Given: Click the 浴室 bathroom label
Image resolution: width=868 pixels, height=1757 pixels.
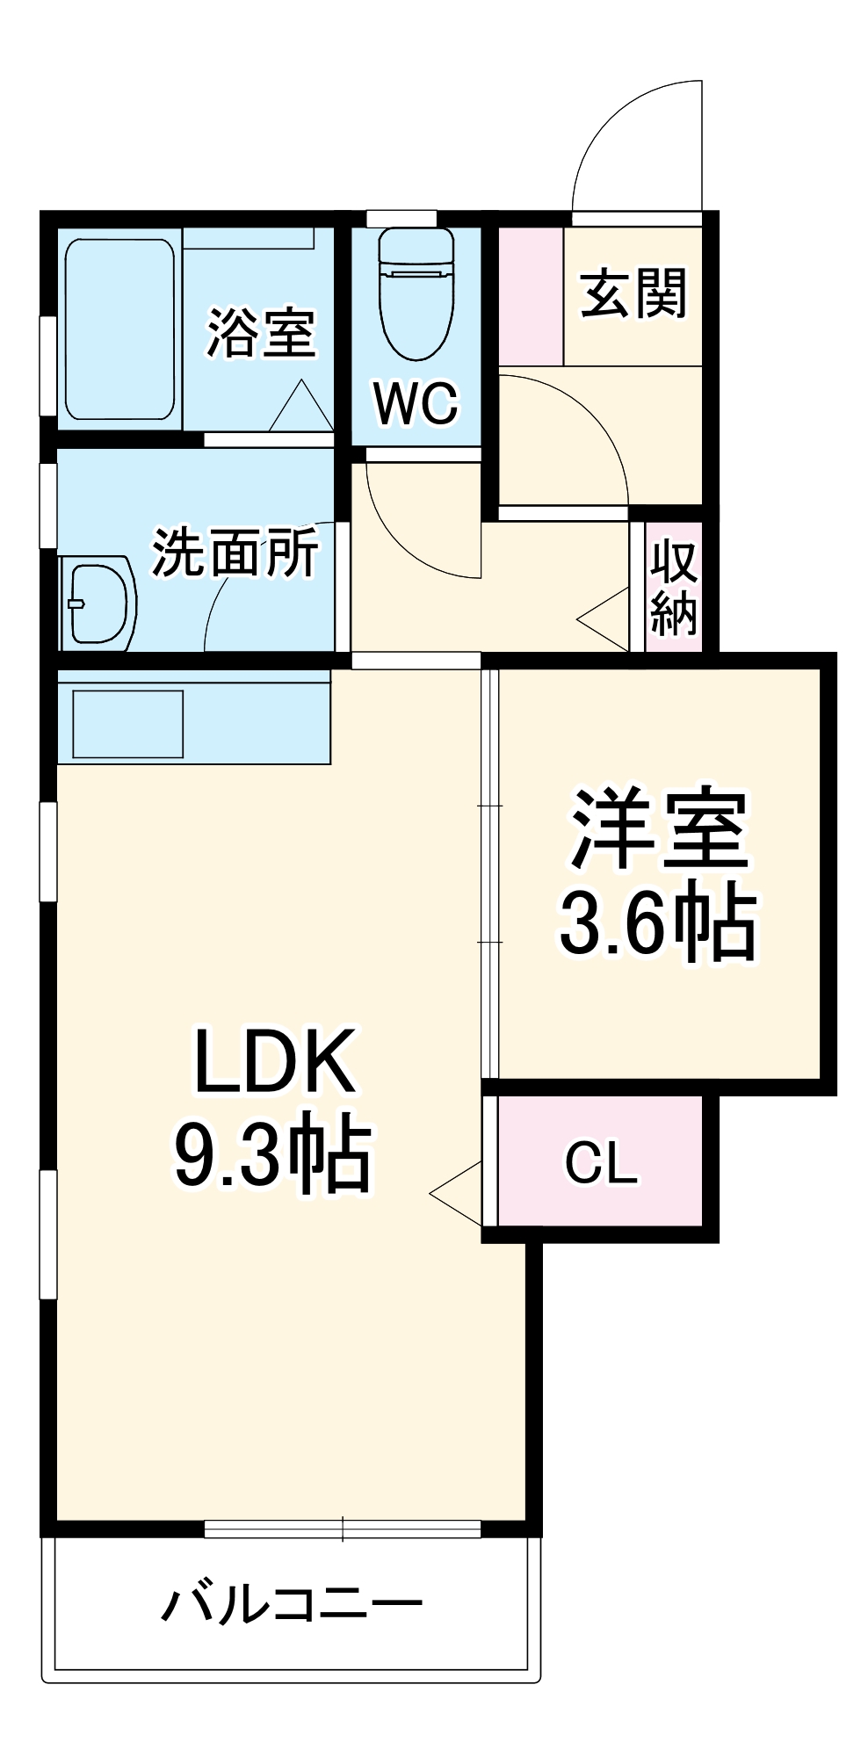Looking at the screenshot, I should coord(260,334).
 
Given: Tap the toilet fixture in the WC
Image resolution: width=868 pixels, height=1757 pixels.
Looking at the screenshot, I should coord(416,294).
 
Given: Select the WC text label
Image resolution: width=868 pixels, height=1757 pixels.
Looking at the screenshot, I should coord(416,403).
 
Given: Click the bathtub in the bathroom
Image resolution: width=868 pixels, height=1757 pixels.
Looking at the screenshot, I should coord(119,329).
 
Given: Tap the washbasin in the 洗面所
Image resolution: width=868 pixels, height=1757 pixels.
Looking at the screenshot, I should coord(98,603).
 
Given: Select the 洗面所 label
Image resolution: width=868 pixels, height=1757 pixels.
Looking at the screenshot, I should coord(235,553).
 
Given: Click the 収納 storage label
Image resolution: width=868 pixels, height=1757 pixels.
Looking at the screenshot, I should coord(674,589).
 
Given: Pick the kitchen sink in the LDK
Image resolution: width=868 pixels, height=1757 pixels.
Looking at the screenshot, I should coord(128,724).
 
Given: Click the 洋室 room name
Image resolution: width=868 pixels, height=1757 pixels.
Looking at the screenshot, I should coord(659,829).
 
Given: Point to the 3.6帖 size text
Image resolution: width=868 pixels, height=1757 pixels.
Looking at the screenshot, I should coord(658,924).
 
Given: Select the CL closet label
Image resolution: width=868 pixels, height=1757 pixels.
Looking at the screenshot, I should coord(601,1162).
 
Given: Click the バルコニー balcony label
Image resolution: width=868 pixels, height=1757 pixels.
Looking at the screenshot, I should coord(292,1605).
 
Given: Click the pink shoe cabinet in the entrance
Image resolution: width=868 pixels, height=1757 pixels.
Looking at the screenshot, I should coord(532,296).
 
